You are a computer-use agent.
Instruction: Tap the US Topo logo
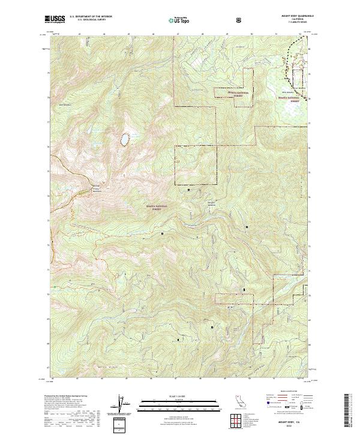click(180, 20)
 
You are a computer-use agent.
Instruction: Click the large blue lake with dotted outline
click(125, 139)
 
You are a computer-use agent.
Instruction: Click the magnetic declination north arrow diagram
click(122, 406)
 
